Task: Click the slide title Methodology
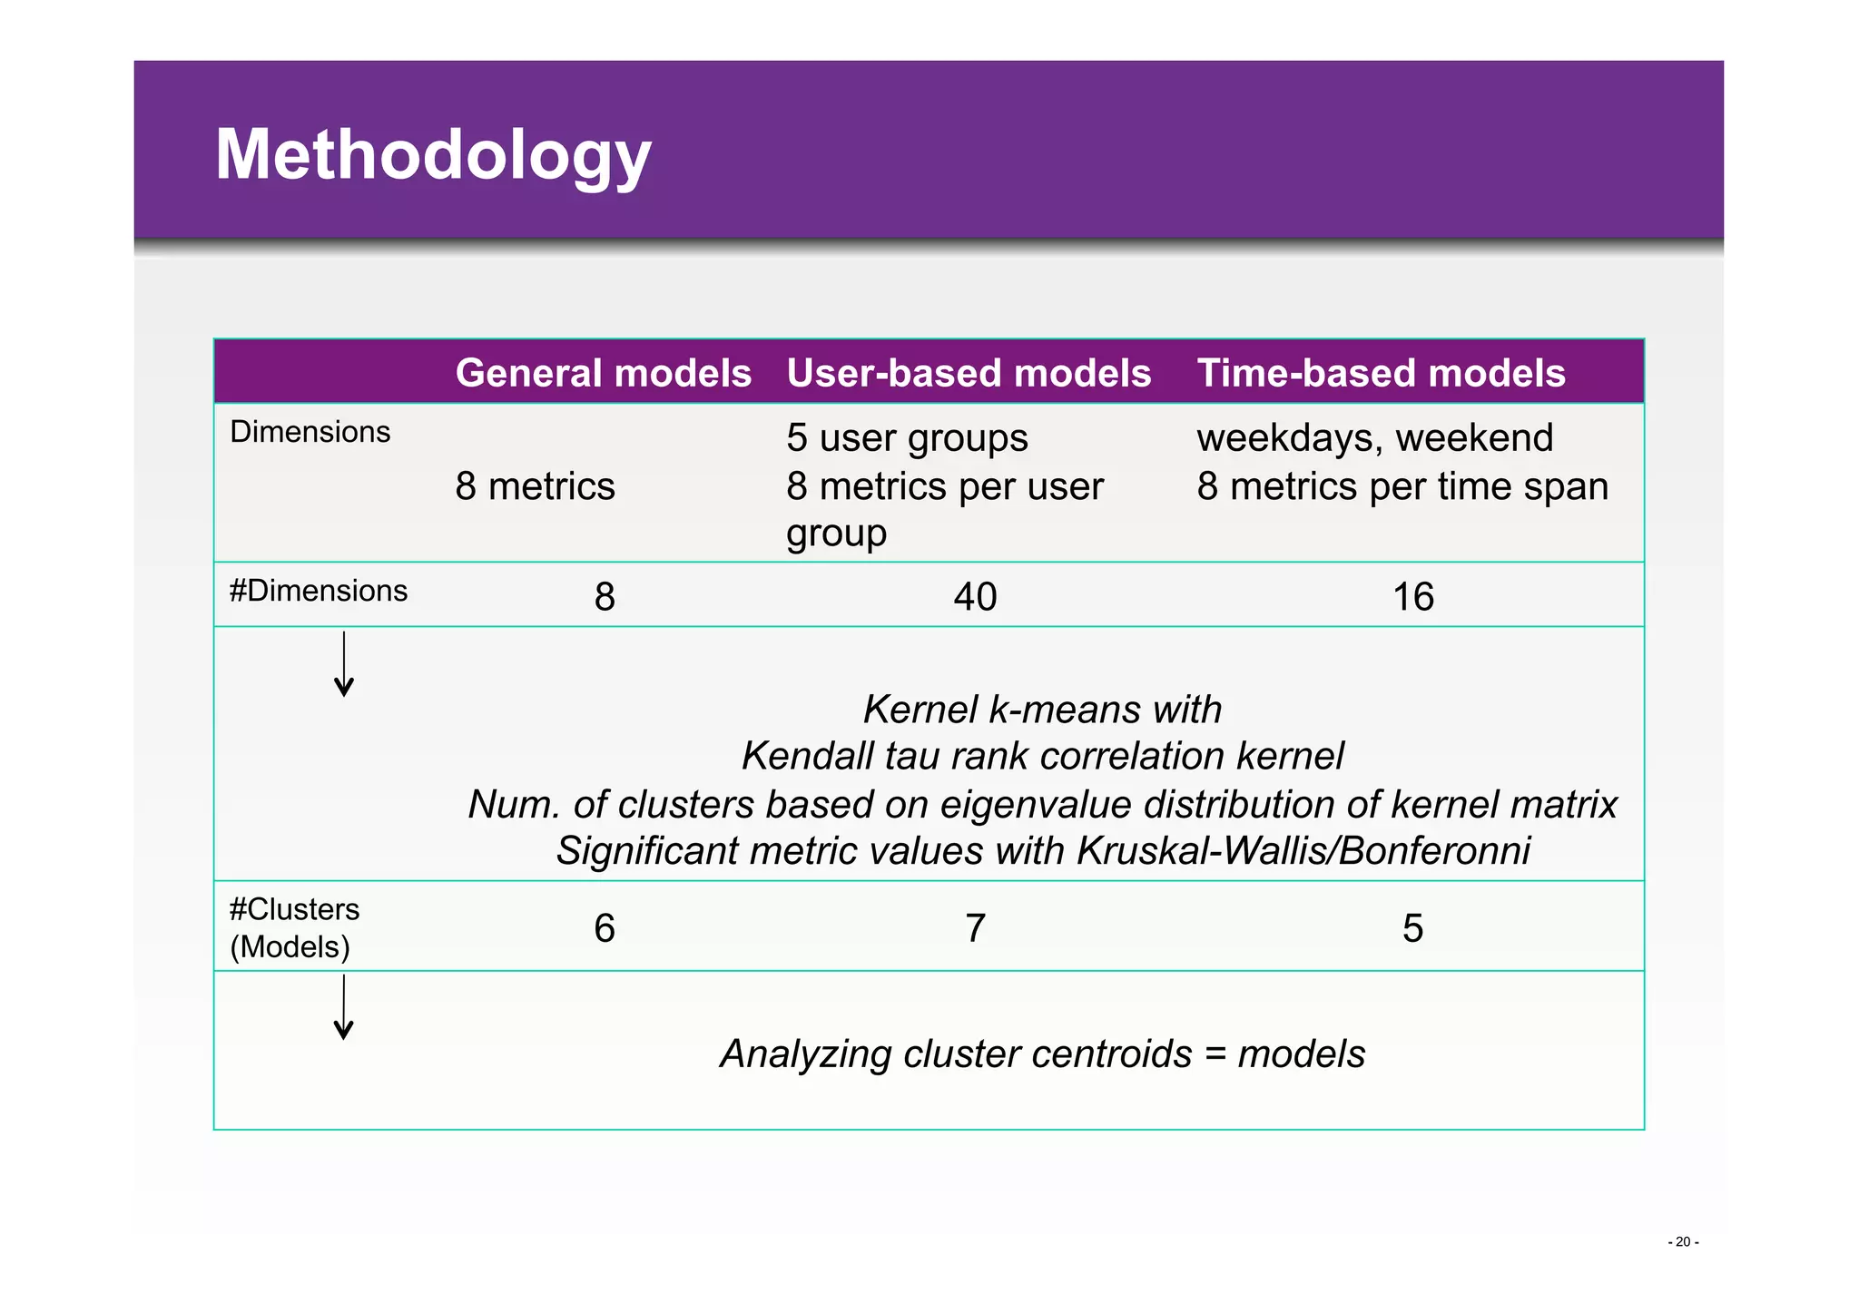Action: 433,154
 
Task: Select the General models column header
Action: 603,373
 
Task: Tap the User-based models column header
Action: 968,373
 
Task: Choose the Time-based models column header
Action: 1381,373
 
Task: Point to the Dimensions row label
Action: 310,432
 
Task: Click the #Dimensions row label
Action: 318,591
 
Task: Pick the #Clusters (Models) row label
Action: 294,927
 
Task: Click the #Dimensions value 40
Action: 975,597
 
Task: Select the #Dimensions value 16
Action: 1412,597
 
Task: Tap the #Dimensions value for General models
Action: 605,597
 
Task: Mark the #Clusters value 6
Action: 605,928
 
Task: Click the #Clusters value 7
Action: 975,928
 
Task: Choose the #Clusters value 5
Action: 1412,928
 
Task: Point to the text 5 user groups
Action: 907,438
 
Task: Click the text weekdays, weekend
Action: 1374,438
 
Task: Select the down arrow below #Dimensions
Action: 344,664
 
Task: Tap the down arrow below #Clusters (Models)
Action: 344,1007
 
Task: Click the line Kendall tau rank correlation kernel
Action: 1042,756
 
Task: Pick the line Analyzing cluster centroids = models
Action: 1042,1054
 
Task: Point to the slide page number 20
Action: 1683,1242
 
